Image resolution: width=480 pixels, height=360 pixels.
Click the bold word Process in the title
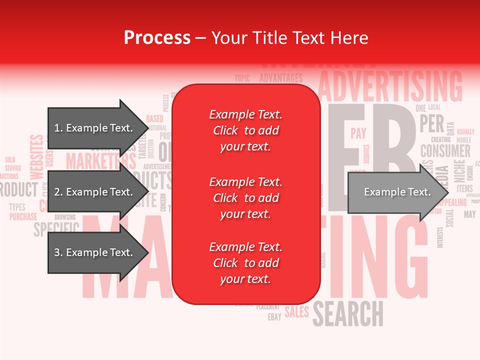[157, 37]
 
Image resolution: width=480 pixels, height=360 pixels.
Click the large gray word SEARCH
[348, 313]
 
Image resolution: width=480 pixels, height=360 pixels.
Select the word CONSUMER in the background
[445, 150]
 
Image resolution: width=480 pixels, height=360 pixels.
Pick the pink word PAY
[358, 133]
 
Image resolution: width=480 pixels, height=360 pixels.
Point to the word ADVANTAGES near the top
[281, 78]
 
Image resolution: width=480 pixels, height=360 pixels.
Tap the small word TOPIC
[242, 78]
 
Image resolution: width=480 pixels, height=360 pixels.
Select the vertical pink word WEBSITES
[37, 157]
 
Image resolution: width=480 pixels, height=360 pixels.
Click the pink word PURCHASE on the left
[23, 217]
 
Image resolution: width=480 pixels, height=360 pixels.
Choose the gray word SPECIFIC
[56, 228]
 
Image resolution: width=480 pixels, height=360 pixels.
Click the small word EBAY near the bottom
[274, 317]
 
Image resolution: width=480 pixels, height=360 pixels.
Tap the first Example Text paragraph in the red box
[245, 130]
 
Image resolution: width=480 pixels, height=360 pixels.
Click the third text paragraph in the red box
[245, 263]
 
